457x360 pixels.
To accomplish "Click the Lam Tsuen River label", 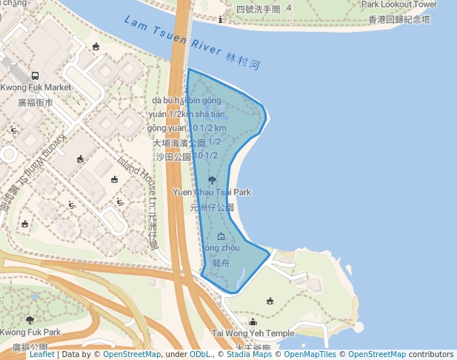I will [172, 38].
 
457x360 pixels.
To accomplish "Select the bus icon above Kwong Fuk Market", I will [35, 76].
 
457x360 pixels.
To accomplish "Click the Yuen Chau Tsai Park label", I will [212, 192].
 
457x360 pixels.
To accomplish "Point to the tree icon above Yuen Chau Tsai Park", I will [213, 179].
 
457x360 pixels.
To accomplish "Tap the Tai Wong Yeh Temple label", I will [253, 333].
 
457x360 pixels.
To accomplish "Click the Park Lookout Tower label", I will [398, 4].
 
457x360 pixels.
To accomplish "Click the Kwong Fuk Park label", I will [30, 332].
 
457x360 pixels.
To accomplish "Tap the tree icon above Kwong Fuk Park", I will [30, 320].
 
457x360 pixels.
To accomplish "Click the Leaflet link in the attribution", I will [41, 355].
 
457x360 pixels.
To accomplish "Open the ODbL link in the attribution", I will [200, 355].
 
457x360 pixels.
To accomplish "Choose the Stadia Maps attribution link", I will [250, 355].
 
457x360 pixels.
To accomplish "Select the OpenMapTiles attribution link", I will [314, 355].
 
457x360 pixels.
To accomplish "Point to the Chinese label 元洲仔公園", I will [212, 207].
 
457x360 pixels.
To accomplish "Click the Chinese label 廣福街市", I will [36, 102].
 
